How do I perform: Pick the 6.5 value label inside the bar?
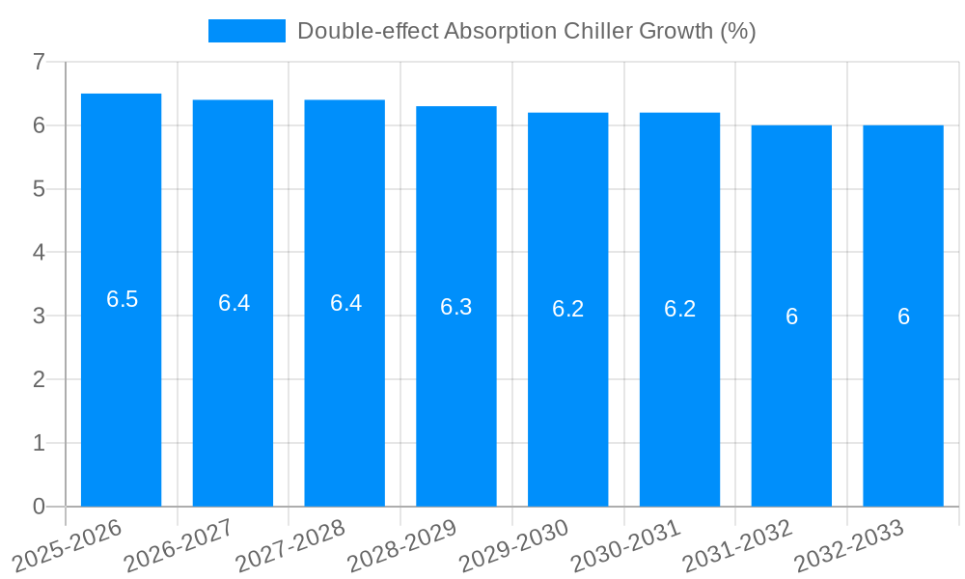pos(123,299)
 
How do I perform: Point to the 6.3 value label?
pos(456,307)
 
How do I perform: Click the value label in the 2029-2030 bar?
pos(568,309)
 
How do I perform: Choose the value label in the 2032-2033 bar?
pos(903,317)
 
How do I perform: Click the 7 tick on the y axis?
pos(39,62)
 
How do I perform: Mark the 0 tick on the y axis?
pos(39,507)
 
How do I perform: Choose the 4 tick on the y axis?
pos(39,253)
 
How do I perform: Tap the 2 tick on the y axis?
pos(39,379)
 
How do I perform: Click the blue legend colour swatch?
pos(247,31)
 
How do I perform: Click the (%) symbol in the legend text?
pos(738,31)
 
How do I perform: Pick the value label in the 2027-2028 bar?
pos(345,303)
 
